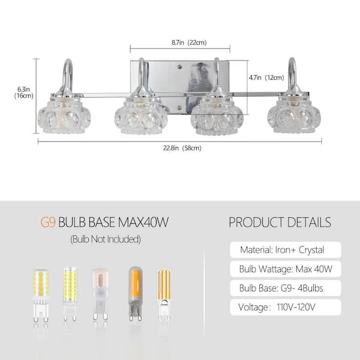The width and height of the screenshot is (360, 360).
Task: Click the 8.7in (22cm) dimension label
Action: tap(189, 43)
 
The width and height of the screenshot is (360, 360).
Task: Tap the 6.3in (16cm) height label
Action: tap(23, 92)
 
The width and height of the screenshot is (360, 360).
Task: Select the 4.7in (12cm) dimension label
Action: tap(266, 77)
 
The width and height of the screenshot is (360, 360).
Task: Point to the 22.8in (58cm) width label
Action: tap(182, 148)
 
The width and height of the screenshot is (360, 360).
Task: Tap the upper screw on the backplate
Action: tap(179, 67)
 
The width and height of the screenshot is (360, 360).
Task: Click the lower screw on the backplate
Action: tap(179, 107)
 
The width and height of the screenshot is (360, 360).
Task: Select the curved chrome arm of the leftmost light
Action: tap(67, 76)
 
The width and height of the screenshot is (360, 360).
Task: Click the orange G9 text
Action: tap(48, 222)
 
